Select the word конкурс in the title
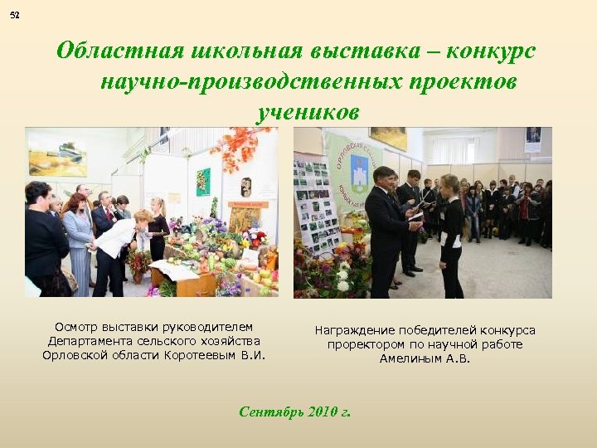[491, 51]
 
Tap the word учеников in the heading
[308, 112]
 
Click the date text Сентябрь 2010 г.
[294, 411]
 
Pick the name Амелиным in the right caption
[412, 358]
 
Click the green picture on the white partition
[203, 181]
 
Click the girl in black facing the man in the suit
[452, 236]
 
